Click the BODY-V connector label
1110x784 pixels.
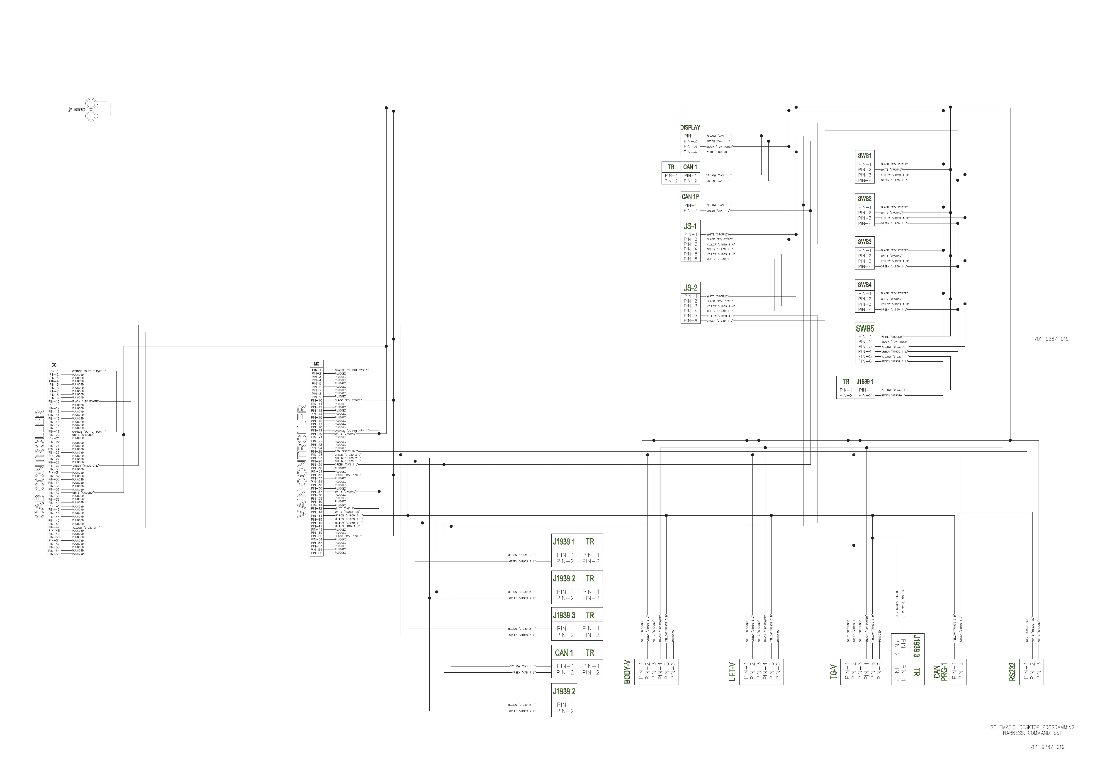coord(627,672)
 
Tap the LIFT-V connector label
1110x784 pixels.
coord(732,672)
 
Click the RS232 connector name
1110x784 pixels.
coord(1012,672)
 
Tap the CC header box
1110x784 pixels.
coord(54,365)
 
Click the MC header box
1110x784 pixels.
coord(316,364)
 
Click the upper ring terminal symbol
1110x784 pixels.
coord(92,103)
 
